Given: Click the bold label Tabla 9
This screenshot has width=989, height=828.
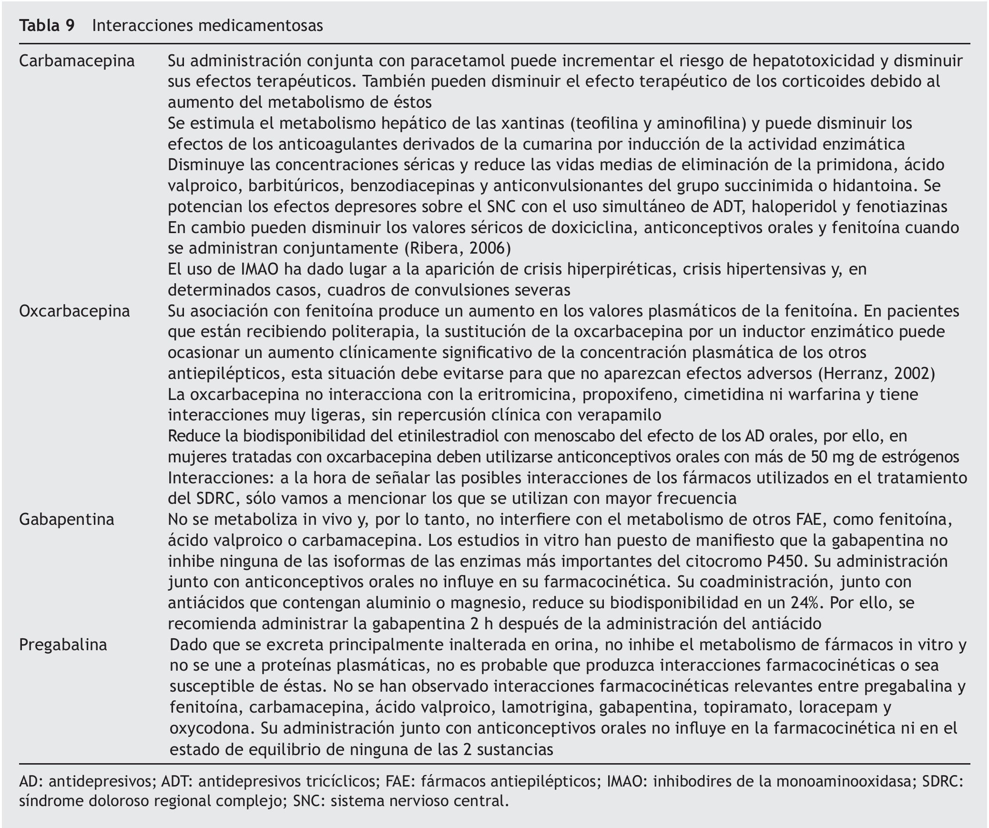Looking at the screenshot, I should click(x=47, y=26).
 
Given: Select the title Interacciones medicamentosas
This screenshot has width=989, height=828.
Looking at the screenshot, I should click(x=207, y=26).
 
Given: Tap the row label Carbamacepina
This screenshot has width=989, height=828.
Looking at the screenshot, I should click(x=77, y=61).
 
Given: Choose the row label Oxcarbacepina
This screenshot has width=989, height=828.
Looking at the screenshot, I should click(x=74, y=311).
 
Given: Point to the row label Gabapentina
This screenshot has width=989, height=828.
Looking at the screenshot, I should click(x=67, y=520).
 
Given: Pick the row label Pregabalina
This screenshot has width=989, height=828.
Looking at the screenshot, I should click(x=63, y=645).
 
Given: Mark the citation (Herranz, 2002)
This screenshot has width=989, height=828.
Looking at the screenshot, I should click(x=877, y=374).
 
